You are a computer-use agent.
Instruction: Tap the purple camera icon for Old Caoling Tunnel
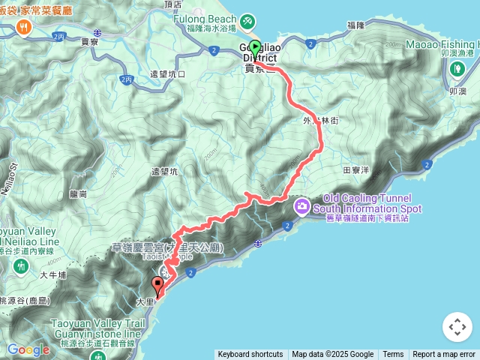pyautogui.click(x=302, y=204)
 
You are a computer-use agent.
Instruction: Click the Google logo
pyautogui.click(x=28, y=350)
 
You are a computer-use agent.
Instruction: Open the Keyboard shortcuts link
pyautogui.click(x=250, y=355)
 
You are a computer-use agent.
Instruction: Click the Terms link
pyautogui.click(x=393, y=355)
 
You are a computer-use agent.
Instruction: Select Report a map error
pyautogui.click(x=445, y=355)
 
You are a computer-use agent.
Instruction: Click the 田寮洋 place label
pyautogui.click(x=355, y=171)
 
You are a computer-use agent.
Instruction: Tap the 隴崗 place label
pyautogui.click(x=78, y=193)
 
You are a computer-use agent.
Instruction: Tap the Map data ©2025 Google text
pyautogui.click(x=332, y=355)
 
